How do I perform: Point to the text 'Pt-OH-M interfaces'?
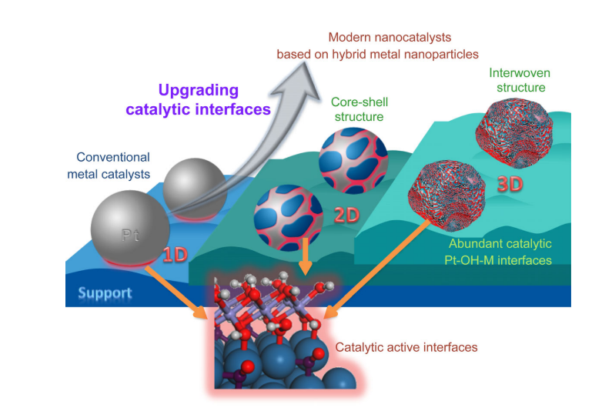[x=502, y=260]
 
